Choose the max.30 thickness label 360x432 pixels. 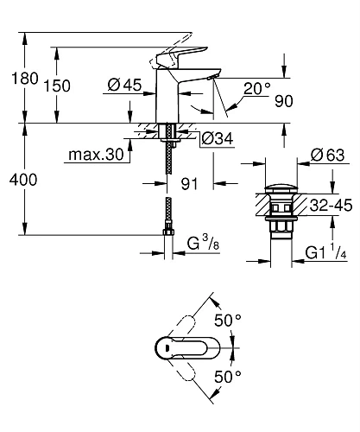(92, 156)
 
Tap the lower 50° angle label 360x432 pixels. (226, 377)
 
